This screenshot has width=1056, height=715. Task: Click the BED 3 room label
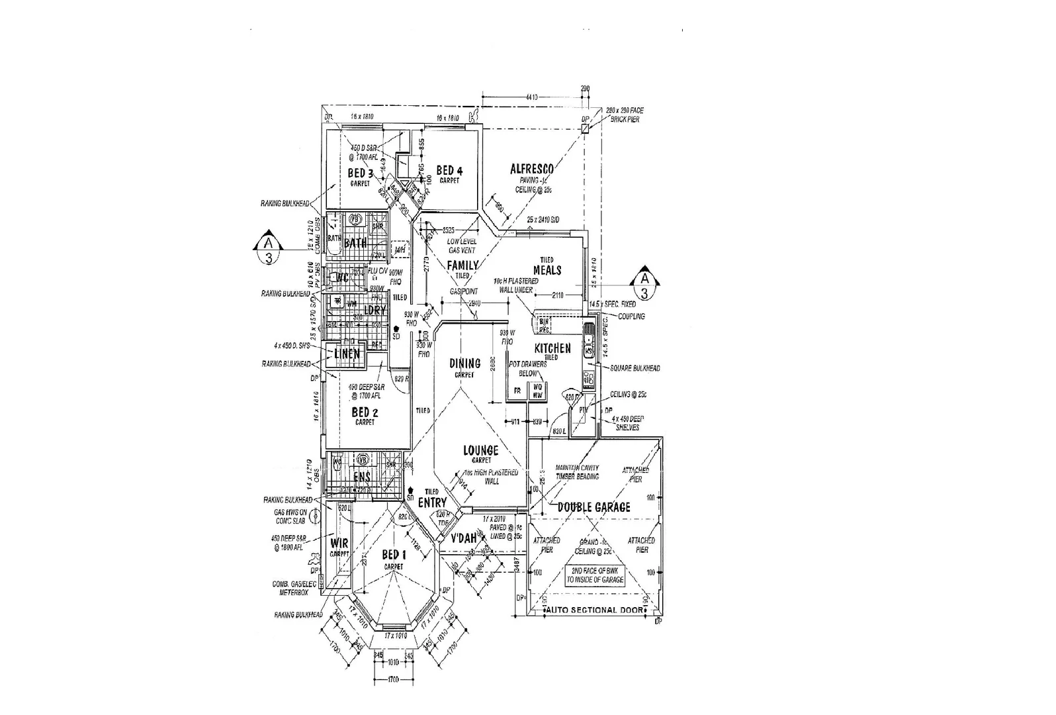[x=361, y=173]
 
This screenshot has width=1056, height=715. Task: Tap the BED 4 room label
[x=449, y=171]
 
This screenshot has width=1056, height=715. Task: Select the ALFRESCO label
[x=531, y=169]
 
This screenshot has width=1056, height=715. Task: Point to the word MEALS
[x=547, y=270]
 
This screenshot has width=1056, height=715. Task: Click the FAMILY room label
[x=462, y=265]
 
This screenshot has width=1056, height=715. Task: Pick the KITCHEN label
[x=552, y=348]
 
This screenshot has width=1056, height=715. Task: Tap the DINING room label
[x=465, y=363]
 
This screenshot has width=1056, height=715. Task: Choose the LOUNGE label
[x=481, y=451]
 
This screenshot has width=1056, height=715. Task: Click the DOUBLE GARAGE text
[x=594, y=507]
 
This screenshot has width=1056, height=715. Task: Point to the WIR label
[x=339, y=544]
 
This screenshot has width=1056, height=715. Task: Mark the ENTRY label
[x=432, y=502]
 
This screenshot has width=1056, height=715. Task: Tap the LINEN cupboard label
[x=347, y=354]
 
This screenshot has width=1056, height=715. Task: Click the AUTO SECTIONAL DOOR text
[x=593, y=610]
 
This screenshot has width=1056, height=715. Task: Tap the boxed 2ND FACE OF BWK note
[x=595, y=575]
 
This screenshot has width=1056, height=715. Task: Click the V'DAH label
[x=464, y=539]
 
